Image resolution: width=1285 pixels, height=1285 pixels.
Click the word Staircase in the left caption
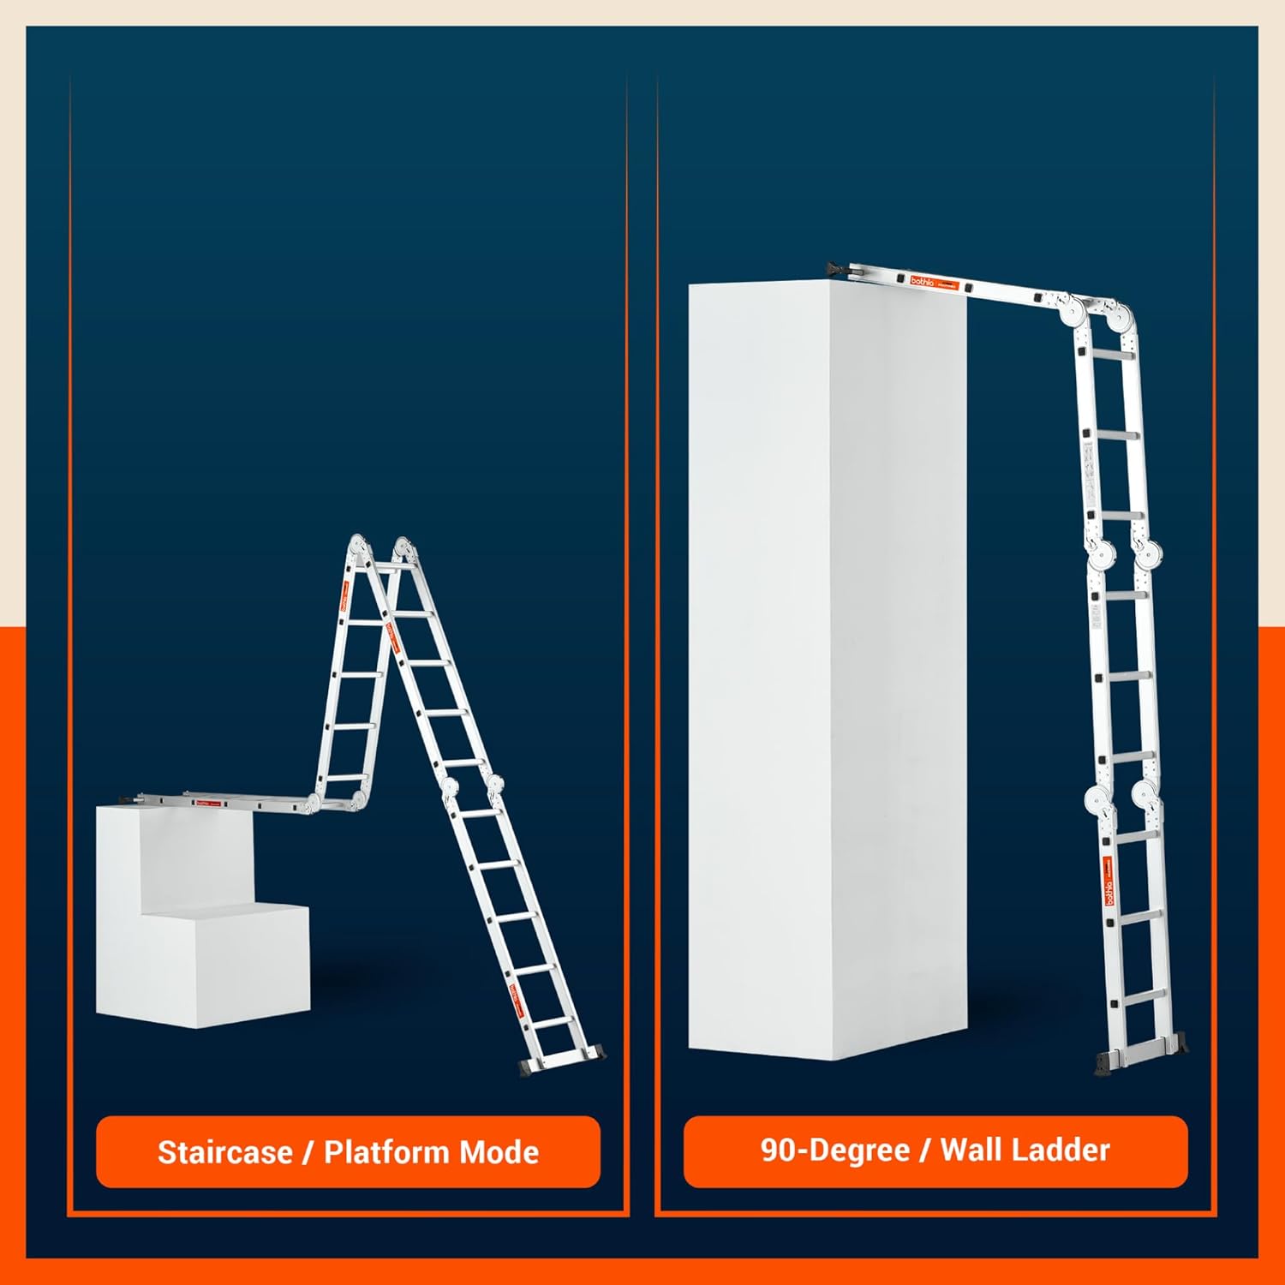click(224, 1152)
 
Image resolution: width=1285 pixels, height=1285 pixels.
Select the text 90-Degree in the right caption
click(834, 1150)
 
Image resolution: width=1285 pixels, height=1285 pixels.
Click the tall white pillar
click(827, 668)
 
